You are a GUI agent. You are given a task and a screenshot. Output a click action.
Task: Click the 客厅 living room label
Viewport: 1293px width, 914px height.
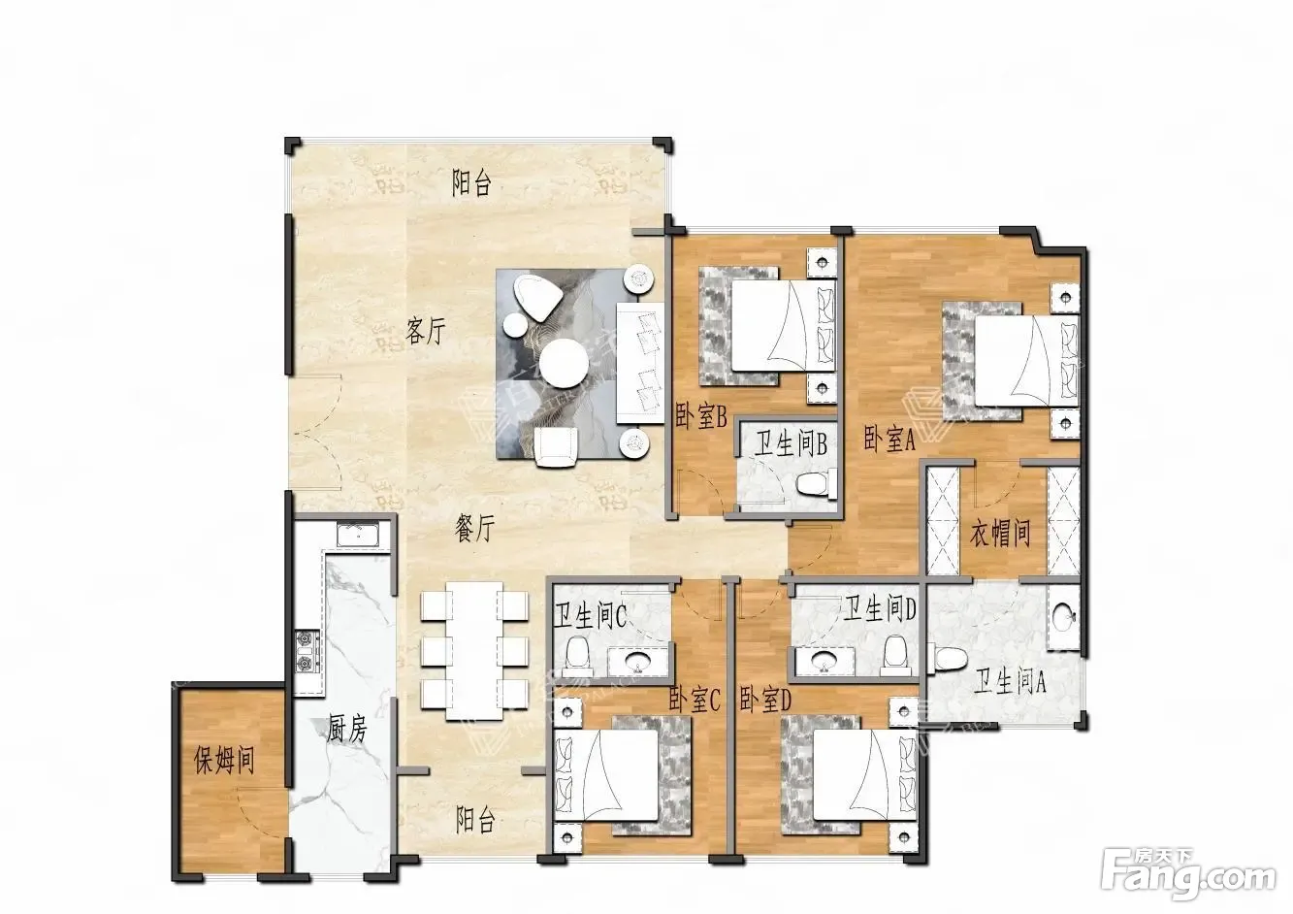(426, 332)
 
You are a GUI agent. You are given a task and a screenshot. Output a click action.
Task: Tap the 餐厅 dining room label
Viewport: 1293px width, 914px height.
(475, 528)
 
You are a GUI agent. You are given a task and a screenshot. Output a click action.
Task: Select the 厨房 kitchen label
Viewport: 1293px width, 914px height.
(347, 729)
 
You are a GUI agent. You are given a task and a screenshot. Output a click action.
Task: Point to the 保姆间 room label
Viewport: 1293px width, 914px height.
(224, 760)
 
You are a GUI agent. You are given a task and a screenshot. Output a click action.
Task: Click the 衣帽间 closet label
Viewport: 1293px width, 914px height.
(1000, 533)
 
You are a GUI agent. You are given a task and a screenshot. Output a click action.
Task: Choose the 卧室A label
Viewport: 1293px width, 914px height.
(889, 439)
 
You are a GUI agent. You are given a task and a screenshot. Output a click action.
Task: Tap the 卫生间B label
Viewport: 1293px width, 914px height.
(791, 444)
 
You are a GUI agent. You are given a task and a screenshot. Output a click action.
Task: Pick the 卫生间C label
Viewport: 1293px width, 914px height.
(590, 616)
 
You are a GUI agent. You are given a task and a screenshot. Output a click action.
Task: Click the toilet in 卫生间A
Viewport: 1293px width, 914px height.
(948, 659)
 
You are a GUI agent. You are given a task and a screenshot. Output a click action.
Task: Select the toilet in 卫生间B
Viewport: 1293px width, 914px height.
(817, 482)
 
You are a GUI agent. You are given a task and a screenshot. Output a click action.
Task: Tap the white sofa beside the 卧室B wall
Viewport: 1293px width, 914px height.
(640, 364)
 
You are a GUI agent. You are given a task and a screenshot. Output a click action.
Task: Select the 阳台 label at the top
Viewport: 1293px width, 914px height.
(471, 183)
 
